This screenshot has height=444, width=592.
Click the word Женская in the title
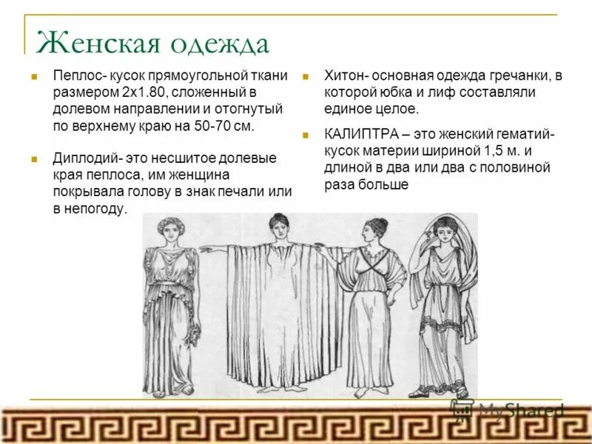coord(94,43)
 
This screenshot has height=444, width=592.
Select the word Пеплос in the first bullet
coord(75,75)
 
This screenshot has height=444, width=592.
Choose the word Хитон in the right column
coord(344,75)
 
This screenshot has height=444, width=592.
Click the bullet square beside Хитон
coord(304,76)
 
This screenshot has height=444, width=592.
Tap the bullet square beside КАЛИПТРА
coord(304,135)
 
